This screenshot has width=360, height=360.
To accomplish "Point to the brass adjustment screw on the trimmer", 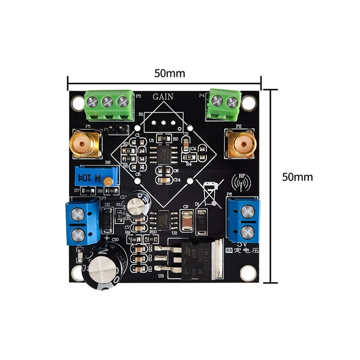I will (x=108, y=181).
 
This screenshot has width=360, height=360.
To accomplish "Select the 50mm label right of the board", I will (x=297, y=177).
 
